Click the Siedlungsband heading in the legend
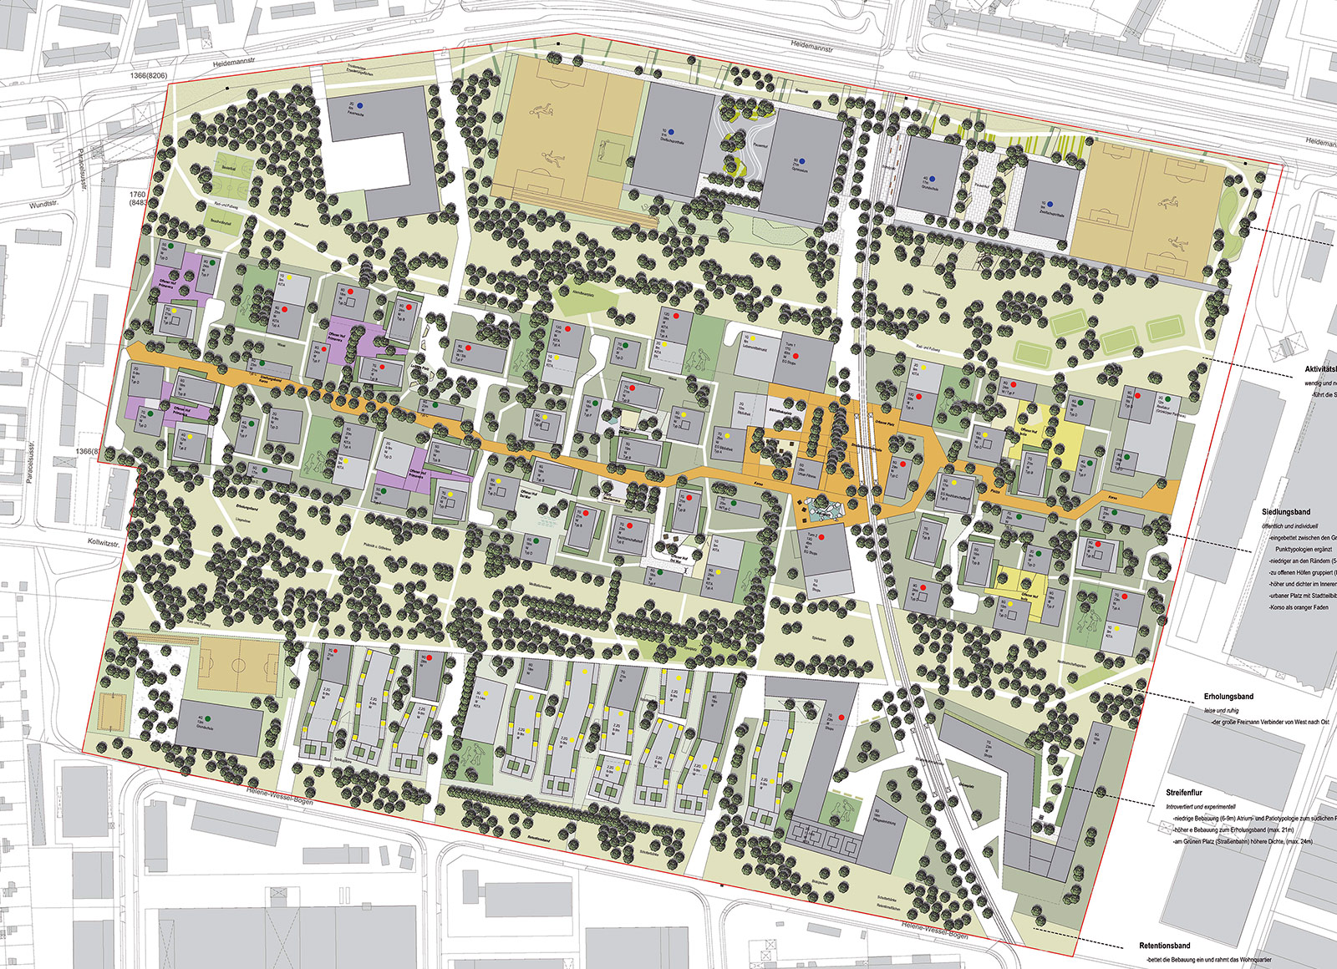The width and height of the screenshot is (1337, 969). [x=1286, y=512]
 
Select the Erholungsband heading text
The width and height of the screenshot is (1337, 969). [x=1228, y=696]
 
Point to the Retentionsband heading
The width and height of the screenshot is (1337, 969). [x=1164, y=946]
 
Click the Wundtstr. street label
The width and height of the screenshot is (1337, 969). [x=46, y=205]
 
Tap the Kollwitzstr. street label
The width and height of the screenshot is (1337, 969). [x=105, y=542]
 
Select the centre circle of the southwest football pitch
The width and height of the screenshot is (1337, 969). [x=237, y=666]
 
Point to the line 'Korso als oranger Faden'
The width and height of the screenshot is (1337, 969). [x=1298, y=607]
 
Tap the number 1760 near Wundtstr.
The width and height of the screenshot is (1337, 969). [x=137, y=194]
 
